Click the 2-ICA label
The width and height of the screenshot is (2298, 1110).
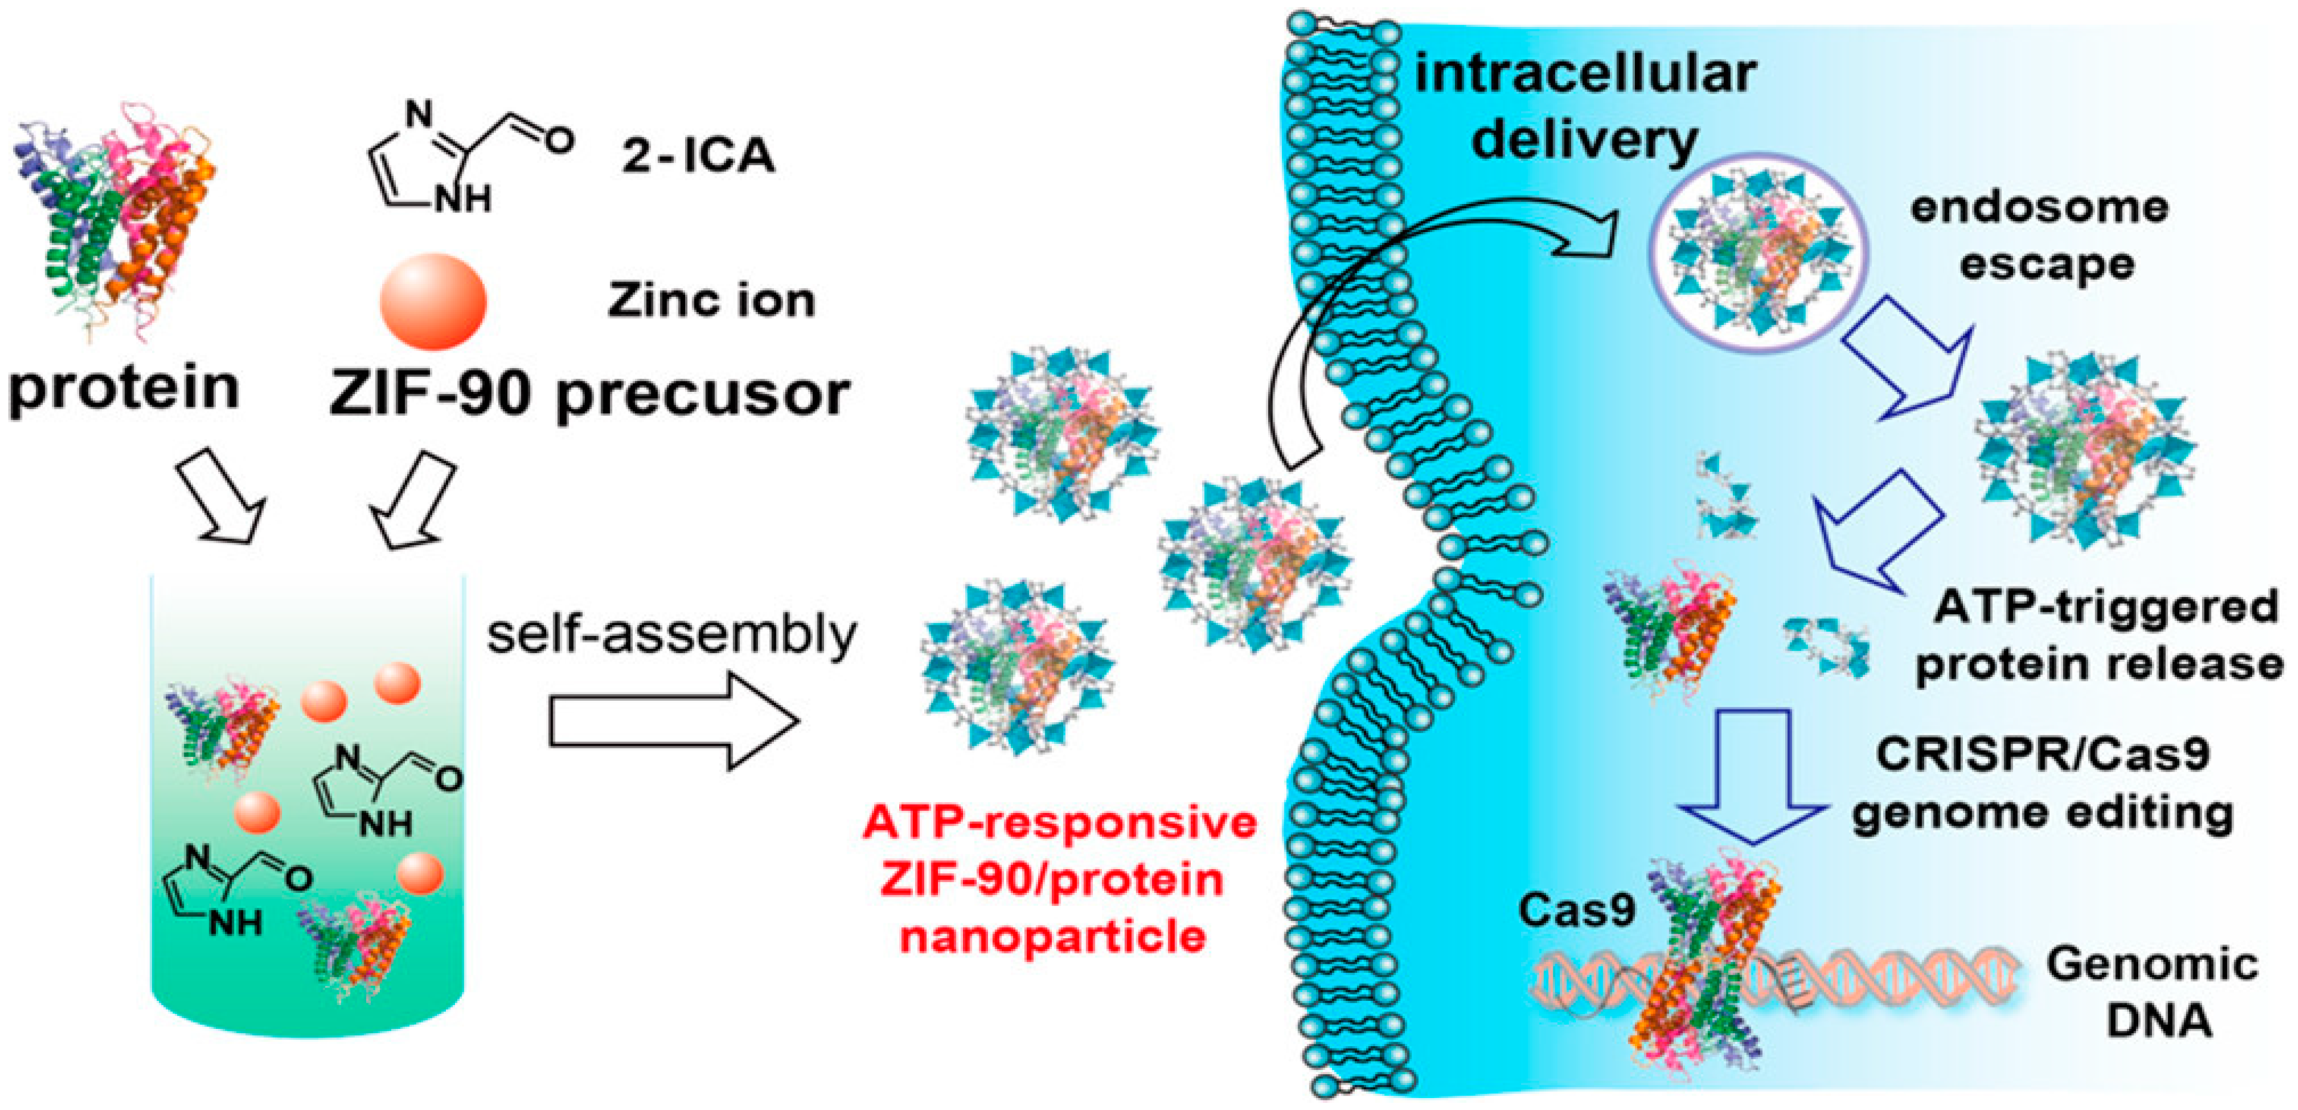[x=698, y=157]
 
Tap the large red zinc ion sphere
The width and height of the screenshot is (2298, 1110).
[x=433, y=302]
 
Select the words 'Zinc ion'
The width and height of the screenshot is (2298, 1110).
[x=711, y=301]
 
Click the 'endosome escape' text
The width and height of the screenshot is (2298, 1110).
[x=2040, y=236]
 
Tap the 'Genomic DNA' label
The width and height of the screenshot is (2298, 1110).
[x=2153, y=992]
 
